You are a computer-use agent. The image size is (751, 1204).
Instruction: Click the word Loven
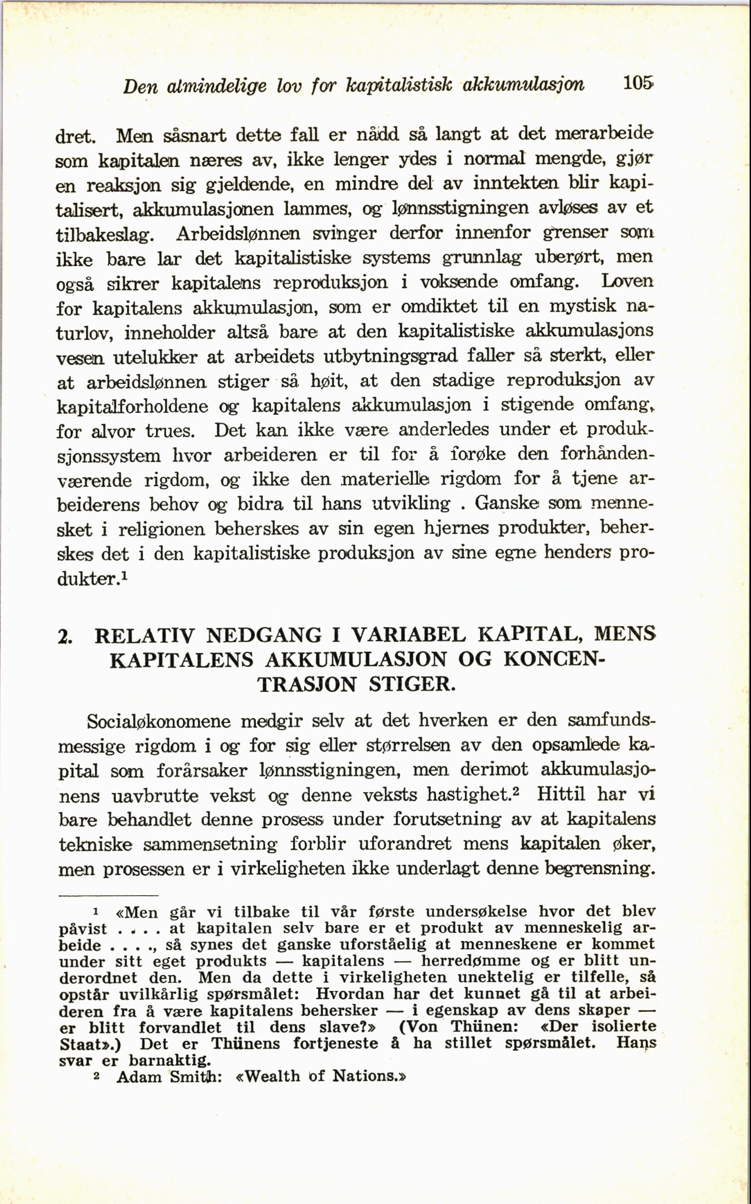(x=627, y=281)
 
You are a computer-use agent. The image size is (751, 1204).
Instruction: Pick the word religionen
(x=161, y=529)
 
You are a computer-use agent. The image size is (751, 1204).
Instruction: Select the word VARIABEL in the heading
(x=408, y=635)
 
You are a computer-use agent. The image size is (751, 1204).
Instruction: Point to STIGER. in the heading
(x=412, y=684)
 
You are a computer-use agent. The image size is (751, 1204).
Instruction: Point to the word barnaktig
(x=169, y=1061)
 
